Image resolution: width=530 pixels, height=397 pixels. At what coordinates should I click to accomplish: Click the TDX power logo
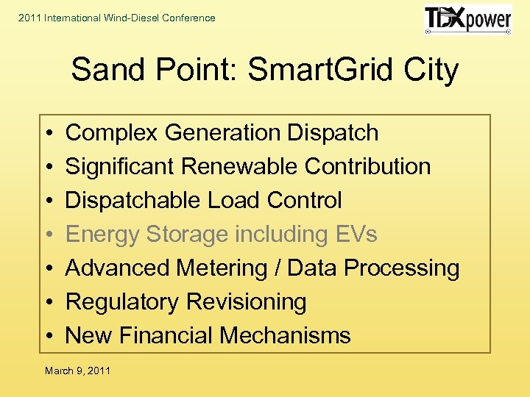point(467,20)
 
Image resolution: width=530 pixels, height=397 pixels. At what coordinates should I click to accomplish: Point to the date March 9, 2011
point(77,371)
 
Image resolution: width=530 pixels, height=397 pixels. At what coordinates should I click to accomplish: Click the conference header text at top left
point(117,18)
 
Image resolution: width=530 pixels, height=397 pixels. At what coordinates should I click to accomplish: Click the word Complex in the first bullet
point(112,133)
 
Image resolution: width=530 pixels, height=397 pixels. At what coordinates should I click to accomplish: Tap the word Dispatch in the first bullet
point(333,133)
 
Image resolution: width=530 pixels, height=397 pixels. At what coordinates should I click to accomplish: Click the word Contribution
point(367,167)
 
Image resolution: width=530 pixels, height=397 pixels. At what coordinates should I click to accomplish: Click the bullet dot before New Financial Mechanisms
point(48,337)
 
